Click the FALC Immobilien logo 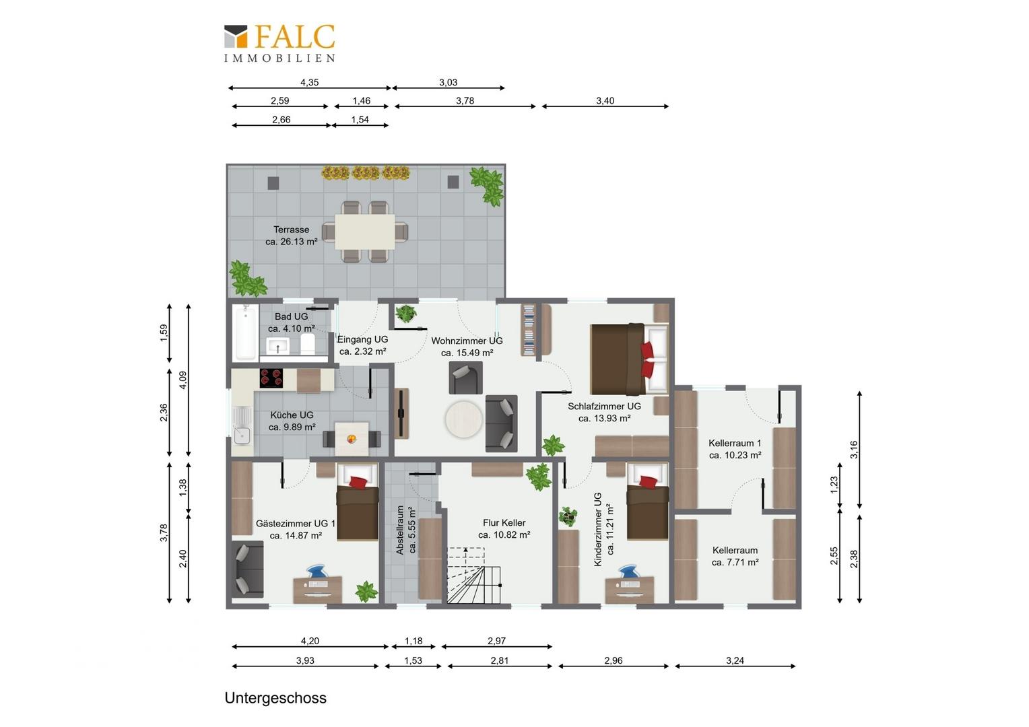pyautogui.click(x=279, y=42)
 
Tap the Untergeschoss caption pyautogui.click(x=275, y=697)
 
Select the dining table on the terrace pyautogui.click(x=365, y=232)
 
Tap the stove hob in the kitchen pyautogui.click(x=271, y=378)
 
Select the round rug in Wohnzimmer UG pyautogui.click(x=463, y=419)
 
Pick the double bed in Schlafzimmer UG pyautogui.click(x=629, y=359)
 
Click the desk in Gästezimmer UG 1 pyautogui.click(x=317, y=589)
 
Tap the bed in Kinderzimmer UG pyautogui.click(x=647, y=501)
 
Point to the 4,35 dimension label pyautogui.click(x=310, y=82)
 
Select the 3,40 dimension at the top pyautogui.click(x=605, y=100)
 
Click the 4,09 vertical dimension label pyautogui.click(x=182, y=380)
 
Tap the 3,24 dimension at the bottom pyautogui.click(x=735, y=660)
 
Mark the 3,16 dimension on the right pyautogui.click(x=853, y=449)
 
